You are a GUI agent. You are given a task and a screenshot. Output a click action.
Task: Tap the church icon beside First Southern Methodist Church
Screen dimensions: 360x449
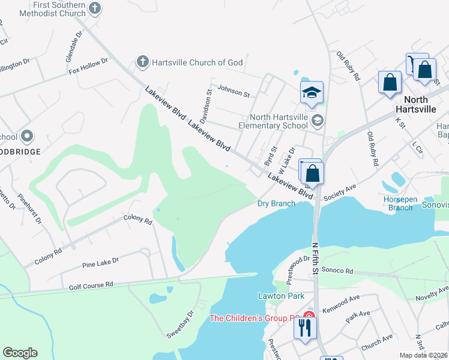click(x=94, y=8)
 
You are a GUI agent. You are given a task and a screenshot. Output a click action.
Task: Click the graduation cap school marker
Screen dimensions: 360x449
click(x=312, y=93)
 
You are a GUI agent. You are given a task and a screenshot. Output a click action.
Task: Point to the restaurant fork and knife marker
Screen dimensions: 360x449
click(x=305, y=328)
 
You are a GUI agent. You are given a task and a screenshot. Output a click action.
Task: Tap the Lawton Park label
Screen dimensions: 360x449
click(x=282, y=296)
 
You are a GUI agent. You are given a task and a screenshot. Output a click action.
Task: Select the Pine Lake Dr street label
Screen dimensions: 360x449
click(x=100, y=262)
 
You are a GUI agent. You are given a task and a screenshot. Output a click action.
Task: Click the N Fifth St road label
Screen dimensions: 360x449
click(x=316, y=258)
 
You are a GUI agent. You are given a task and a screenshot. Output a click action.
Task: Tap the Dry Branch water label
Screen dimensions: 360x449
click(x=276, y=203)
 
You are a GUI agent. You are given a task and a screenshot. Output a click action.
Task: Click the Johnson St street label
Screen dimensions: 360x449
click(x=234, y=91)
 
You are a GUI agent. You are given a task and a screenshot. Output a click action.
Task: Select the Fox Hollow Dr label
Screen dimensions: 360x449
click(x=88, y=65)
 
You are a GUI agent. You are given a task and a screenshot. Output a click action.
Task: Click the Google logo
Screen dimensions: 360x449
click(x=20, y=353)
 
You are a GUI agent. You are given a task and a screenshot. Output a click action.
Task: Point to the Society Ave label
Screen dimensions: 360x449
click(x=340, y=193)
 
